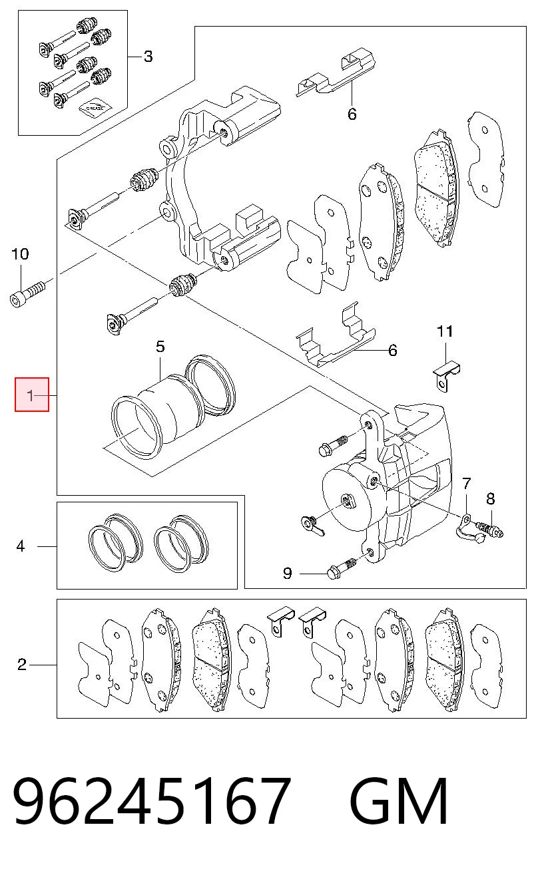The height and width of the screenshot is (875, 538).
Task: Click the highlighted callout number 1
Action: pos(31,395)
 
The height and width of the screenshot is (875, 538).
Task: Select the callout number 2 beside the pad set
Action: pos(22,664)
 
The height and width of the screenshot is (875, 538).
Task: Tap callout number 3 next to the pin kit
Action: pos(148,57)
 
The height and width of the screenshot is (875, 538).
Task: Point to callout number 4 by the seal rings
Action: pos(21,546)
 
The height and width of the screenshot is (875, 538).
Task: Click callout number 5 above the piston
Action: pos(160,347)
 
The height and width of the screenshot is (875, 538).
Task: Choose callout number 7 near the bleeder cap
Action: pos(467,484)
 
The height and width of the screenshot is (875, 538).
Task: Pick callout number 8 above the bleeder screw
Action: pos(491,498)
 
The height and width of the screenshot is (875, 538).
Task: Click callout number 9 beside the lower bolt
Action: pos(288,573)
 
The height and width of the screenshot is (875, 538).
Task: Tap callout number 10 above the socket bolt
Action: pos(20,254)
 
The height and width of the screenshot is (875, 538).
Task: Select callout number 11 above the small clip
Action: pos(445,331)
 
